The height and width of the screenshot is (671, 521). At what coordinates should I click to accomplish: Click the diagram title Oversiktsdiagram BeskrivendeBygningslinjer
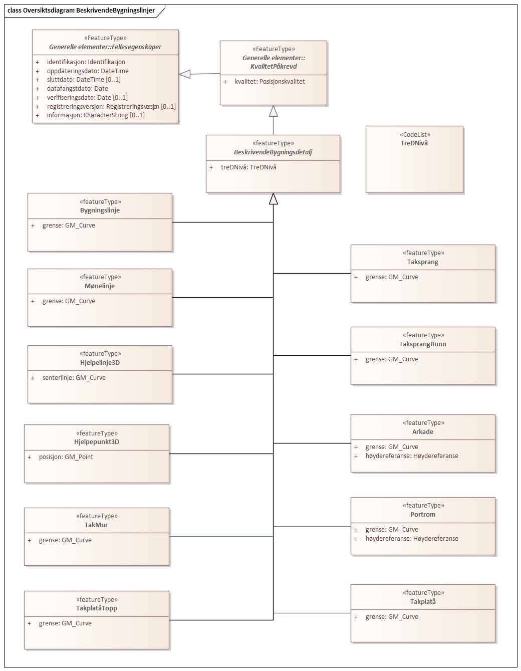click(x=88, y=11)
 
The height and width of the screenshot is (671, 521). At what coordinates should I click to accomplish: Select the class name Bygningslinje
click(x=100, y=210)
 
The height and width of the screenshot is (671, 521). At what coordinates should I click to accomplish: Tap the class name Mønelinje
click(x=100, y=286)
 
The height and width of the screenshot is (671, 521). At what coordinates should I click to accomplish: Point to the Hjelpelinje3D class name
click(x=100, y=363)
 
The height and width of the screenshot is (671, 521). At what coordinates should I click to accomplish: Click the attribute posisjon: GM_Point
click(x=66, y=457)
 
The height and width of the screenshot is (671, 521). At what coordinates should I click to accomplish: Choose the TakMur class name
click(x=96, y=525)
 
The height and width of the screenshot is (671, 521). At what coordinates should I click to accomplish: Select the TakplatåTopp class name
click(x=97, y=608)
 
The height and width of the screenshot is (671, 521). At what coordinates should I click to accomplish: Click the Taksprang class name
click(x=422, y=262)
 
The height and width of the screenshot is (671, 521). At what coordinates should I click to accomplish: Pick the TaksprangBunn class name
click(x=422, y=344)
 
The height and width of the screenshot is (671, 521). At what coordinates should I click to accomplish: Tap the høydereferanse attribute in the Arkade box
click(x=411, y=456)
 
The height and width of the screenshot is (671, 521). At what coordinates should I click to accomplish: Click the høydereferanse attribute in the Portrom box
click(x=411, y=539)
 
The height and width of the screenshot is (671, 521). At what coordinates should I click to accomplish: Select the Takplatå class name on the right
click(x=423, y=602)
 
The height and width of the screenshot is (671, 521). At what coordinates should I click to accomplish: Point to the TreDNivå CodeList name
click(x=414, y=143)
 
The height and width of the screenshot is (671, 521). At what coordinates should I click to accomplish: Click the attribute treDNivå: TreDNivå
click(x=248, y=167)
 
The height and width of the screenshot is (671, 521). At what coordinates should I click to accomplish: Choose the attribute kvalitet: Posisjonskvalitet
click(x=270, y=82)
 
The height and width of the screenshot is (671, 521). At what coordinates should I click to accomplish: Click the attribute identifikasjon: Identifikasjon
click(x=86, y=62)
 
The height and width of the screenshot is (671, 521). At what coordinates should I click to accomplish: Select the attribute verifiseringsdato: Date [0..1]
click(x=87, y=98)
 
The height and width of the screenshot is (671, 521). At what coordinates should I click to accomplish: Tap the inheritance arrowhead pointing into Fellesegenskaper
click(x=185, y=74)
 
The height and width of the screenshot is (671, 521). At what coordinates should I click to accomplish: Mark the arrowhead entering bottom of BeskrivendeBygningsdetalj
click(x=273, y=199)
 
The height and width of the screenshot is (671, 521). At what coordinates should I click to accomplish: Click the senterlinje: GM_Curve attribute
click(x=74, y=378)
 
